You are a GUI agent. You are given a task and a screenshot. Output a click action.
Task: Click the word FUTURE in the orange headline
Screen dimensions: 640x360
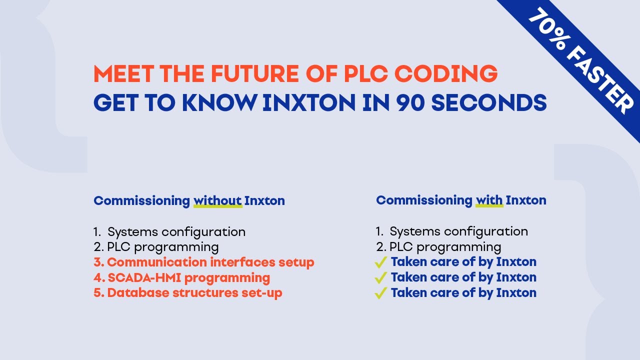(255, 73)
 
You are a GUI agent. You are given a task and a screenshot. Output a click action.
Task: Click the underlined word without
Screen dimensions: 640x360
(217, 200)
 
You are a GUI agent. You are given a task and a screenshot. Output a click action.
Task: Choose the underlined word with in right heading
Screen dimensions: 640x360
(489, 200)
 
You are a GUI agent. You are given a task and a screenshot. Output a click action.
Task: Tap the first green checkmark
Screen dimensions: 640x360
(381, 262)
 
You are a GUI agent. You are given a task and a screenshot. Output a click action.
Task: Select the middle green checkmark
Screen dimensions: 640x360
(381, 277)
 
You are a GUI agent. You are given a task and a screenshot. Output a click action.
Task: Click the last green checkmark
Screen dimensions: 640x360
(381, 293)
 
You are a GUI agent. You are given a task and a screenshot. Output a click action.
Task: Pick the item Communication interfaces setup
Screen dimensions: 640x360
(210, 262)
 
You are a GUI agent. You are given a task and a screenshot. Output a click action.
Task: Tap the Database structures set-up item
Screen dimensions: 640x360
(194, 293)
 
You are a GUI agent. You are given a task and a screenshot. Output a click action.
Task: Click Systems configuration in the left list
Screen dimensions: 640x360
(176, 231)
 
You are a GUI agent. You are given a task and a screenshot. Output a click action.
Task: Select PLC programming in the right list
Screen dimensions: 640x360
(445, 247)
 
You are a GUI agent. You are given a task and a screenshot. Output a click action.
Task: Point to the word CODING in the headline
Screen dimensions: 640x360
(446, 73)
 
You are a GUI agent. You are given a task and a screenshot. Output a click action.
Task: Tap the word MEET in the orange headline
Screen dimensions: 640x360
(123, 73)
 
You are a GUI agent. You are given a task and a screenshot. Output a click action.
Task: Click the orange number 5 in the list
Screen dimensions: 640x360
(97, 293)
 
